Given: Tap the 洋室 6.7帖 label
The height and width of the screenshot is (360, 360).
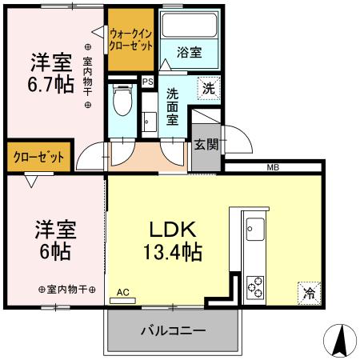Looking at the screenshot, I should pos(51,73).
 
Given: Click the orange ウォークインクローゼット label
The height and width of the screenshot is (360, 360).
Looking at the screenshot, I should pos(132,40).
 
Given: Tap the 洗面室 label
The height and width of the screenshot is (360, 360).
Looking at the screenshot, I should pos(172,104).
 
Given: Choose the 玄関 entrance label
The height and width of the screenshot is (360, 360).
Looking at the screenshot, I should pos(205,145).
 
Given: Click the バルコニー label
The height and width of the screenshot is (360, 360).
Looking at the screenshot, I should pos(174,330).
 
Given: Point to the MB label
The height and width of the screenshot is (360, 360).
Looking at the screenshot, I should pos(273,167).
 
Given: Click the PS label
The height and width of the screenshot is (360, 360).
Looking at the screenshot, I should pos(147,81).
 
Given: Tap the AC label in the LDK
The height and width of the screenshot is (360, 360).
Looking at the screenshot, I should pos(123,293).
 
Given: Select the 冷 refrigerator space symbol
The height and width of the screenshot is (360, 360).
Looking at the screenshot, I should pos(308,293).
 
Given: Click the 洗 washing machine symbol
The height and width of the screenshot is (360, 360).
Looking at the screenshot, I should pos(207,89).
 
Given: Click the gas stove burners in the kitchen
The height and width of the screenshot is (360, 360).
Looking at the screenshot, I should pos(258,285).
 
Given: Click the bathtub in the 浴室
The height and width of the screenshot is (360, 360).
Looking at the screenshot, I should pos(190,25).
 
